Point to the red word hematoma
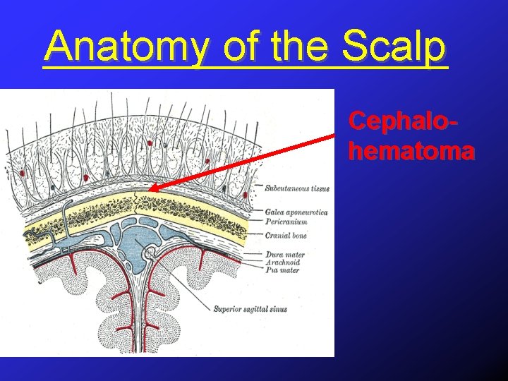click(411, 150)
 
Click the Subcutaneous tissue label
click(297, 188)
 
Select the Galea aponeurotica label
click(296, 212)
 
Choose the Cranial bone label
click(286, 236)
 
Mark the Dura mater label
click(285, 254)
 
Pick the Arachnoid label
click(283, 262)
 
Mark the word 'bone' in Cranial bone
click(297, 236)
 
